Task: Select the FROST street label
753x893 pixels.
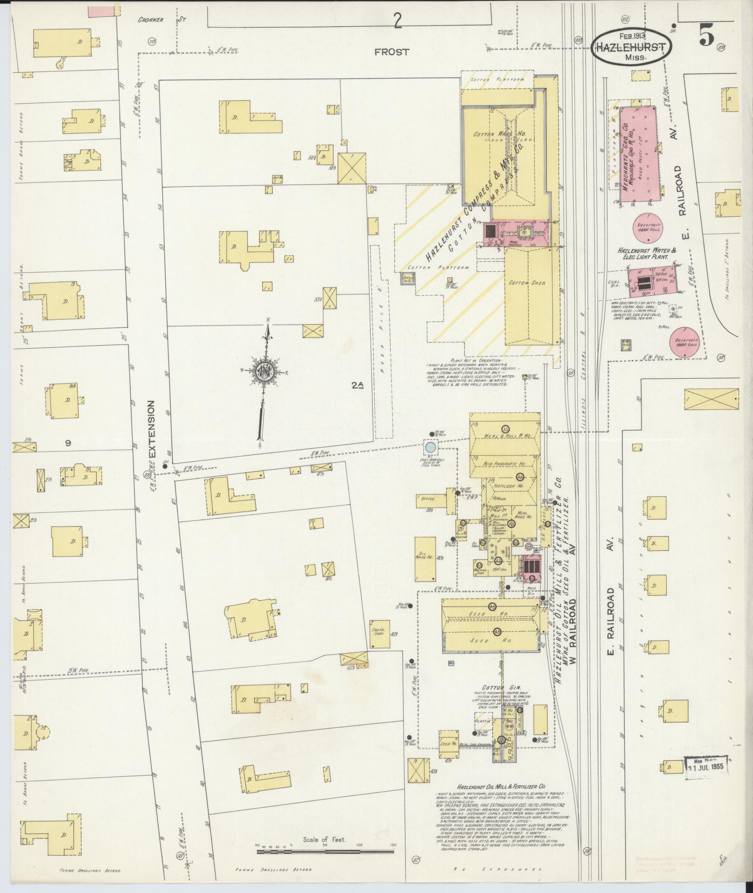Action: click(391, 52)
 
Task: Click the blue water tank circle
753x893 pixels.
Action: click(430, 447)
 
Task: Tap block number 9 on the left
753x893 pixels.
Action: click(68, 443)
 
